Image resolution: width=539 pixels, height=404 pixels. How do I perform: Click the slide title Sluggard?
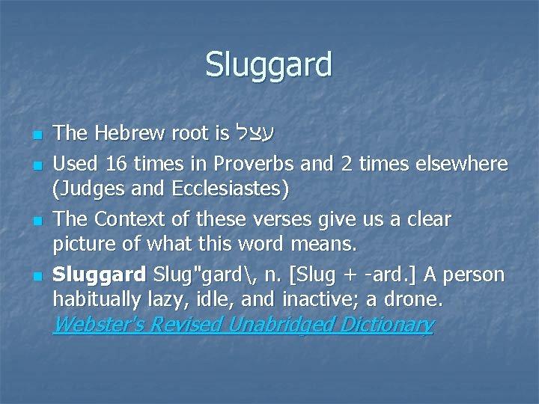[269, 64]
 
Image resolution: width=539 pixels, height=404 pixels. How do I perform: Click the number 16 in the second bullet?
[116, 163]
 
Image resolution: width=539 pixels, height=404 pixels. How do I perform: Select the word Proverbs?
[246, 163]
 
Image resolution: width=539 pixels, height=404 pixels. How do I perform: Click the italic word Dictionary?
[388, 325]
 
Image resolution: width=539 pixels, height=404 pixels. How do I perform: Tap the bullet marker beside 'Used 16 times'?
[36, 165]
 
